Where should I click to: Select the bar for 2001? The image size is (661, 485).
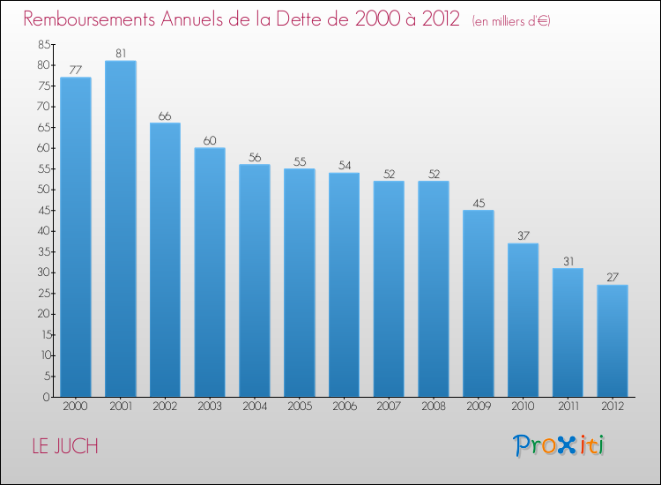(120, 228)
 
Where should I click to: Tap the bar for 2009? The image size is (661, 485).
(479, 303)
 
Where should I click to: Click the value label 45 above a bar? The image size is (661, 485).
(479, 203)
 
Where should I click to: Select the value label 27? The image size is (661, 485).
(613, 277)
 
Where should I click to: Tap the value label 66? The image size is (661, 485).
(165, 116)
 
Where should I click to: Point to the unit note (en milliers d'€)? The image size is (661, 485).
(510, 20)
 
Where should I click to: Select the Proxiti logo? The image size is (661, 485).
(559, 445)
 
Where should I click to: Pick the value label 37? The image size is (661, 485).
(523, 235)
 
